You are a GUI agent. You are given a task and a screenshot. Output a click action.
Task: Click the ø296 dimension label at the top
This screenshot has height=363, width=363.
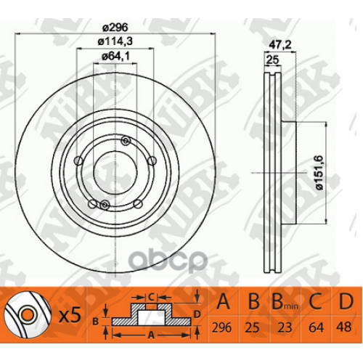point(111,29)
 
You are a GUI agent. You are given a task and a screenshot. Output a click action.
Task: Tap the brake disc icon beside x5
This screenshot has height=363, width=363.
point(27,316)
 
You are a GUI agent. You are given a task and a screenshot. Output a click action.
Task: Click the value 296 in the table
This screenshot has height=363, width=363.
point(225,327)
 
